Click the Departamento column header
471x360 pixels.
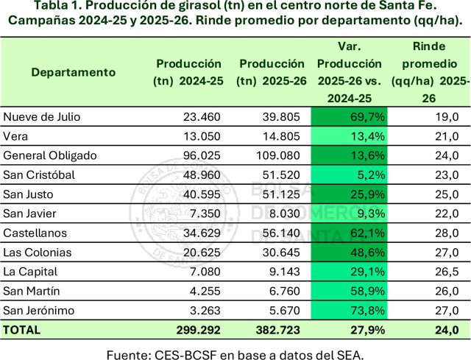click(73, 72)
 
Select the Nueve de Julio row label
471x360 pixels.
click(42, 116)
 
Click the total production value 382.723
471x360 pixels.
click(277, 330)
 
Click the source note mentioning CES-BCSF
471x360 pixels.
click(235, 352)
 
